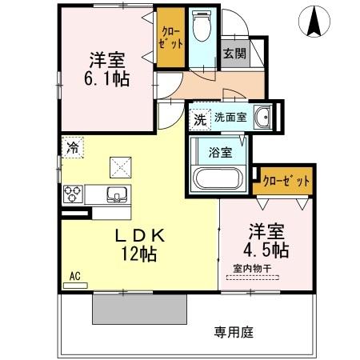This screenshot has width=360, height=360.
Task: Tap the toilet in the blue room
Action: click(202, 30)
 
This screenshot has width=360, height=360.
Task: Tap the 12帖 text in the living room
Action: click(138, 255)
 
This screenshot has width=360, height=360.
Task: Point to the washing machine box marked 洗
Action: click(200, 121)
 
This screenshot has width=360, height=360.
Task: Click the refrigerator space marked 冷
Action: click(73, 147)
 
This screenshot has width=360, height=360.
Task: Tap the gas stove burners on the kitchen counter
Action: click(74, 194)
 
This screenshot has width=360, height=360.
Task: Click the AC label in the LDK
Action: click(74, 277)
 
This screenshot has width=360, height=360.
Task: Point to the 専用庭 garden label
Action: click(232, 330)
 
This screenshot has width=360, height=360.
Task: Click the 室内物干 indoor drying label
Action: click(251, 269)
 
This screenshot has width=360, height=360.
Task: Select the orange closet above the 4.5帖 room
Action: click(286, 182)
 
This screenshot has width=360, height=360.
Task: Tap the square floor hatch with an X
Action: click(122, 166)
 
